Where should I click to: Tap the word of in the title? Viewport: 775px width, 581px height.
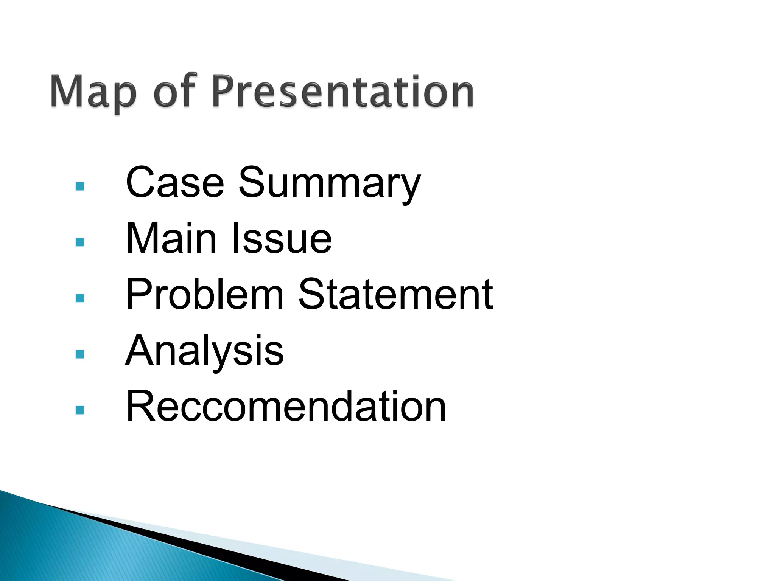coord(175,91)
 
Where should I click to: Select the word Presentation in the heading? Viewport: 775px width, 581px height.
coord(342,91)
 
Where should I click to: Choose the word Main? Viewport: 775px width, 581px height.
coord(171,238)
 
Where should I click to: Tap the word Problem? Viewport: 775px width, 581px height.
coord(204,294)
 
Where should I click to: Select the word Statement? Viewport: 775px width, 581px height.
coord(395,294)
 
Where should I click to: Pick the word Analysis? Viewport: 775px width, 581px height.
coord(204,351)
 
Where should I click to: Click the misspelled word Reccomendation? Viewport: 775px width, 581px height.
coord(286,406)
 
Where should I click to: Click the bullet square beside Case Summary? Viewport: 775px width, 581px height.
coord(80,186)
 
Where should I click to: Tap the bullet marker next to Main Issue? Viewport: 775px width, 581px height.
coord(80,242)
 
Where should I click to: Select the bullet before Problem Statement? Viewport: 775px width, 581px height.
coord(80,298)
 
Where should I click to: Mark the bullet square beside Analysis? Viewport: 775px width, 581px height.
coord(80,354)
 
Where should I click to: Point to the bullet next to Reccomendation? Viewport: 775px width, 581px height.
coord(80,410)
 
